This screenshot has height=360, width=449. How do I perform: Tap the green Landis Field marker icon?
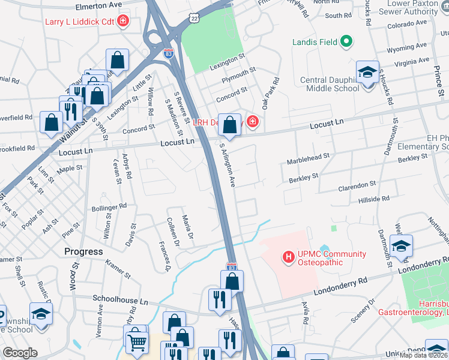tap(345, 41)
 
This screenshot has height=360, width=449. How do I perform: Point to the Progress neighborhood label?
tap(83, 251)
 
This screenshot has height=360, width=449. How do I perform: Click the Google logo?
tap(20, 353)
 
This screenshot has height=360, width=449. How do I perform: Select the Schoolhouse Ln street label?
tap(120, 298)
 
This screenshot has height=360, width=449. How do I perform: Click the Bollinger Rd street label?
tap(109, 208)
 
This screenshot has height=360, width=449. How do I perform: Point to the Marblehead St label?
tap(309, 158)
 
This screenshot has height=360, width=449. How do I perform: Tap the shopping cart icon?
tap(137, 343)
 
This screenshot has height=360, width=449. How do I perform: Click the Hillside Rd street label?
tap(373, 198)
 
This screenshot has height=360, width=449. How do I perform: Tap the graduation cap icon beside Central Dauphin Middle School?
tap(367, 73)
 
